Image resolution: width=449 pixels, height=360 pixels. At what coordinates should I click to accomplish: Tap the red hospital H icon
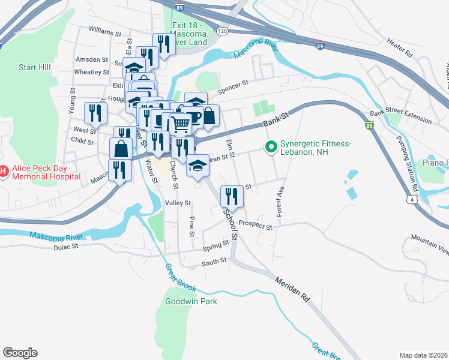coord(3,172)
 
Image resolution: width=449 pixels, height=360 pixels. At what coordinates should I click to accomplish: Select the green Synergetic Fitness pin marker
coord(271,146)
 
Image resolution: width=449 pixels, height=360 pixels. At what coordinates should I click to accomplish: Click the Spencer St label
coord(233,87)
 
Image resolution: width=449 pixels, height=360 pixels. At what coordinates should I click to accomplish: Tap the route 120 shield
coord(221,31)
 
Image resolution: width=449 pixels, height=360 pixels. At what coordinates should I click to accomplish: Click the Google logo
coord(20,353)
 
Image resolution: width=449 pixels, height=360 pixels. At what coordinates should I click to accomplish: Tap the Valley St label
coord(178,203)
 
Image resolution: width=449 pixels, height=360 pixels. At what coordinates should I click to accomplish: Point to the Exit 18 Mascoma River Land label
coord(190,34)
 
